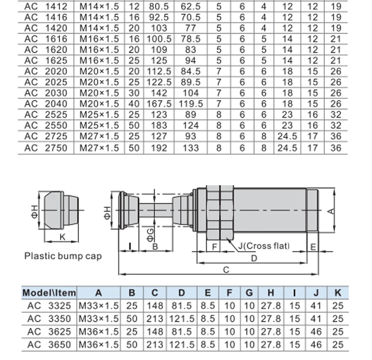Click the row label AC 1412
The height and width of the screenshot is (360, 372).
(46, 6)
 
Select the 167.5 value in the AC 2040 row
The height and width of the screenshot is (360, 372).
(159, 104)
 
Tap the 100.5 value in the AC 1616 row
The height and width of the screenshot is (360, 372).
(159, 39)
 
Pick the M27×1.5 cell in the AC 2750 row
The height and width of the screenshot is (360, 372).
(99, 148)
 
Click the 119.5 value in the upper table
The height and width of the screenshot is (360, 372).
(191, 104)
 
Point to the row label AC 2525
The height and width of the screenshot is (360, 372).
(46, 115)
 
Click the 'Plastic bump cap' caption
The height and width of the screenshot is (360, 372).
(63, 256)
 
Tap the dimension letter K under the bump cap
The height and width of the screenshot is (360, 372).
(62, 237)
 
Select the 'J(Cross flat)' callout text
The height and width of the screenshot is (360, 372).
(264, 246)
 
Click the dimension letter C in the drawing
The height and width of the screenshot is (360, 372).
(226, 270)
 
